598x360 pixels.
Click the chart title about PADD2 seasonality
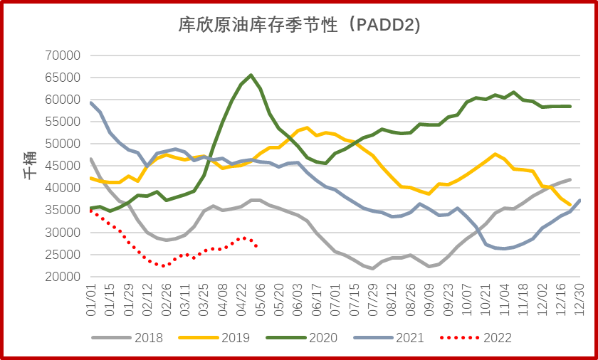click(x=299, y=26)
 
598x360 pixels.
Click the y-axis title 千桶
click(x=30, y=165)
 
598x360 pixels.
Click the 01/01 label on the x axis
click(x=90, y=298)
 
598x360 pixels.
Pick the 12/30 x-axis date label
click(x=581, y=298)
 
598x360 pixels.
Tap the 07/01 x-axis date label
click(x=335, y=298)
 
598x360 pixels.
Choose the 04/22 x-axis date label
click(x=241, y=298)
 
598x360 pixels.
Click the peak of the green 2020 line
click(x=251, y=75)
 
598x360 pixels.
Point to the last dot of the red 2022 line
click(x=256, y=246)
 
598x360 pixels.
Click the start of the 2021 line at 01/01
click(x=90, y=102)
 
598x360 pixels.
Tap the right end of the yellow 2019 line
click(x=570, y=205)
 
